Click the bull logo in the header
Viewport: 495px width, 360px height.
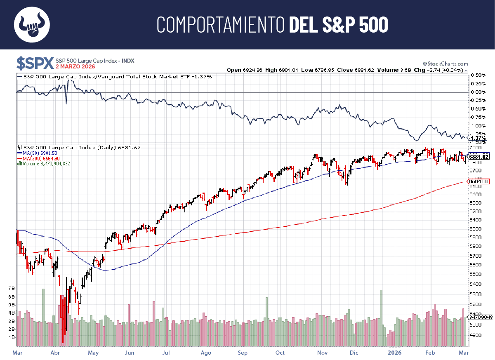[x=32, y=25]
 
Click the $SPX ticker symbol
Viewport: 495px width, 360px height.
[x=35, y=63]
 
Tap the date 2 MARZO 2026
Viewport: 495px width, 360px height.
[x=75, y=67]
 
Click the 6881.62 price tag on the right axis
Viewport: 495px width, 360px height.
[x=479, y=157]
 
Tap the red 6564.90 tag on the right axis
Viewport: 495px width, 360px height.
[x=478, y=181]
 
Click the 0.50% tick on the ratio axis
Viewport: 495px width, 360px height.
[x=477, y=75]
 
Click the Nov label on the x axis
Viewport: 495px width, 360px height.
[x=323, y=353]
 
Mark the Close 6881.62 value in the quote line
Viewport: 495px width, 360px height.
[x=355, y=70]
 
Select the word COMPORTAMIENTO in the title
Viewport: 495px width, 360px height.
[x=221, y=25]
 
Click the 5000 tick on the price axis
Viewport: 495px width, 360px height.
[x=476, y=325]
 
